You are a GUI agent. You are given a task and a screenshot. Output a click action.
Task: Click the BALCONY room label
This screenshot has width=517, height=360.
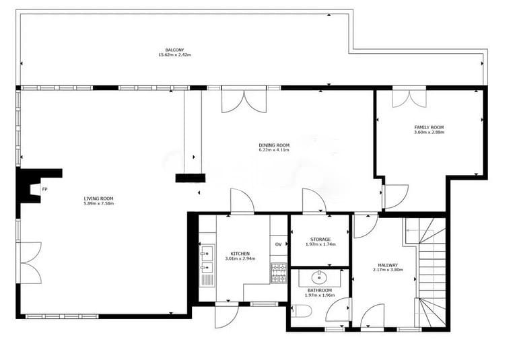tap(175, 50)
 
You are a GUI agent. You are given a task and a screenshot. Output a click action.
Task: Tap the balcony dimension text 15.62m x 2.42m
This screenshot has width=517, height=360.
tap(175, 55)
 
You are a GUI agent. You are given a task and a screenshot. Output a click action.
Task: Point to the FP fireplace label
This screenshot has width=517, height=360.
tap(44, 189)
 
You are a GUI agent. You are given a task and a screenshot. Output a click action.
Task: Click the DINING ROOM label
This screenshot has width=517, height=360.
tap(274, 145)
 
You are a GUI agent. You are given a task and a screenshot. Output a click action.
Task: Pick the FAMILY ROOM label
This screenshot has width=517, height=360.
tap(429, 127)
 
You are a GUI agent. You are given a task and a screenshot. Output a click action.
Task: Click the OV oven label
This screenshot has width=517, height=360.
tap(278, 244)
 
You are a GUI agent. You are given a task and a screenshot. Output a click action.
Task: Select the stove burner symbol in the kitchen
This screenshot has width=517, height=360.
tap(279, 273)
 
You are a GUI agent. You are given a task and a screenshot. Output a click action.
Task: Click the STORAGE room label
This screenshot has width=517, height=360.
tap(320, 239)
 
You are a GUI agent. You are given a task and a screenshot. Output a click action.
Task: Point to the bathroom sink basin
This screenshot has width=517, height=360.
tap(319, 277)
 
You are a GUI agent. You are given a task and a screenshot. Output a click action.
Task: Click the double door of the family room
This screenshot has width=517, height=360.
tap(409, 98)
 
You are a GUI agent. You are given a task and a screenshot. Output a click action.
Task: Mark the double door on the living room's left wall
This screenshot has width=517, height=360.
tap(30, 262)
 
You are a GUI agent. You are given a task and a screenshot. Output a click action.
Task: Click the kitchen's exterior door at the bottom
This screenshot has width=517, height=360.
tap(226, 316)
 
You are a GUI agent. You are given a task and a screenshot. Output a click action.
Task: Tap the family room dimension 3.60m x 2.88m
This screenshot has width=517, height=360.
tap(429, 133)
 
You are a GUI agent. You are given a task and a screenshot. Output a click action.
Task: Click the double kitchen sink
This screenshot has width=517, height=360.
tap(207, 260)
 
